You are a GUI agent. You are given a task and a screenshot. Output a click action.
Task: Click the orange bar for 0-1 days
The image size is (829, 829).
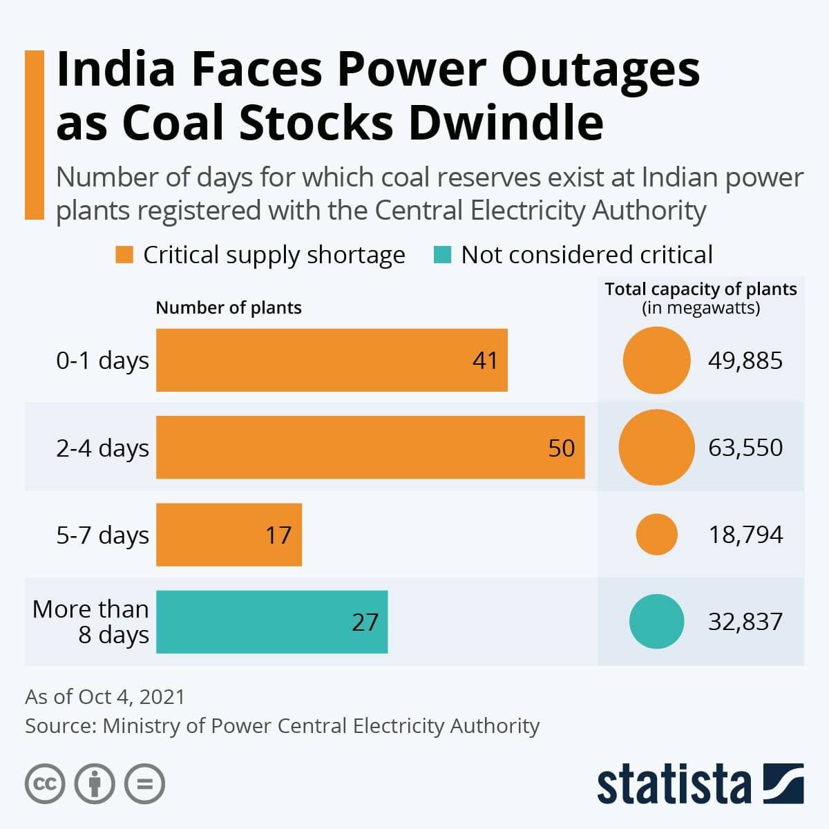[x=332, y=360]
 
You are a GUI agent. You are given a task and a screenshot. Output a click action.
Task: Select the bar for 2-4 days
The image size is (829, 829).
[x=370, y=447]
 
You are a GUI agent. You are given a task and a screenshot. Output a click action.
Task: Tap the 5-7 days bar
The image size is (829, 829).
[x=229, y=534]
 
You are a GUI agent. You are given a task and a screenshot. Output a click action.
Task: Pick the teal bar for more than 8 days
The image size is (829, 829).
[x=272, y=622]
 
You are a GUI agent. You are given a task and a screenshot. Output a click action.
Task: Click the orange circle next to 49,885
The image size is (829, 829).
[x=656, y=360]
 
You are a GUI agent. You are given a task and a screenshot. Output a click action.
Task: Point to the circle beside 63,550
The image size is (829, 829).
[x=656, y=448]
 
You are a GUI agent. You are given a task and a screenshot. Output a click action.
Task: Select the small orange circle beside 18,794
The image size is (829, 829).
[x=656, y=534]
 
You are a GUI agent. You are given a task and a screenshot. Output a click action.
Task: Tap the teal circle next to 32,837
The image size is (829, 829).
[x=656, y=621]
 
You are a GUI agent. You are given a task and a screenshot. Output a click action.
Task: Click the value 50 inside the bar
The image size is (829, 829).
[x=562, y=448]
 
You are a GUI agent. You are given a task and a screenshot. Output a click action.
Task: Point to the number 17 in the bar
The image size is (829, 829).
[x=278, y=535]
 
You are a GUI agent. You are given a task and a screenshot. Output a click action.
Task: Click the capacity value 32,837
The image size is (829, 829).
[x=745, y=622]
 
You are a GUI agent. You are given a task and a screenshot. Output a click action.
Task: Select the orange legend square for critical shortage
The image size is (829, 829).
[x=124, y=254]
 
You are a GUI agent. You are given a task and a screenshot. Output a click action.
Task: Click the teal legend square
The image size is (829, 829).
[x=442, y=254]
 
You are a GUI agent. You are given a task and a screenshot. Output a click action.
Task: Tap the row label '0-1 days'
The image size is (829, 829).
[x=102, y=361]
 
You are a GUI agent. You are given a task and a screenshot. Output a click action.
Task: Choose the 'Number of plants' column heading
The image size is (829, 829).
[x=229, y=307]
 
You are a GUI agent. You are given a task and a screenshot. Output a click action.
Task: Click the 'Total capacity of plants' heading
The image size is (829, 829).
[x=701, y=289]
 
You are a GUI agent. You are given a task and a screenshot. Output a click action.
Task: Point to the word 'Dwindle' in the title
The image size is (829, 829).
[x=506, y=122]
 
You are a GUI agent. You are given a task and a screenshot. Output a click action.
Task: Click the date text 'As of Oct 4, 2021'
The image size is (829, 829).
[x=105, y=696]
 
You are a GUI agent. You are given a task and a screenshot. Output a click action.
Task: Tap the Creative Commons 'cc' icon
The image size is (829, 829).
[x=45, y=783]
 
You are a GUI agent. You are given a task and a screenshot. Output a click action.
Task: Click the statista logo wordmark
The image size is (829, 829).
[x=674, y=784]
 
